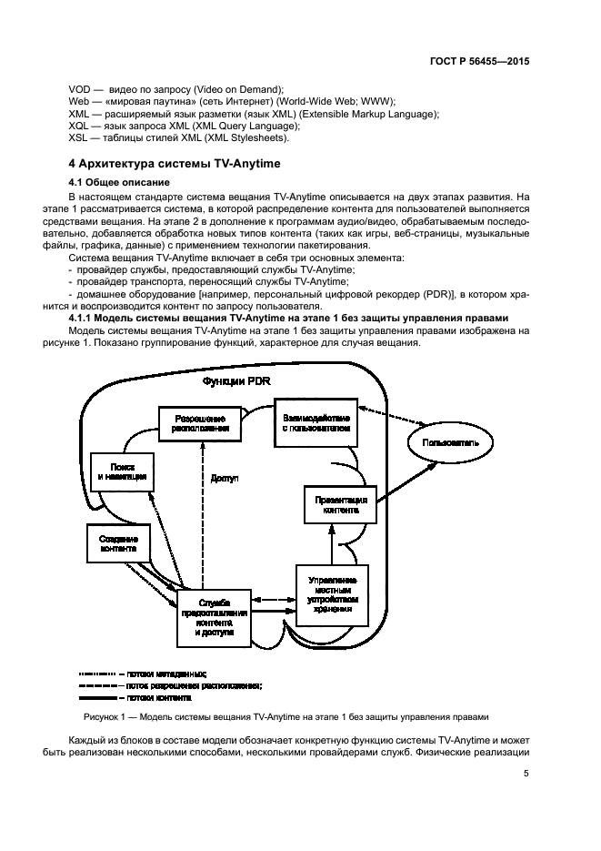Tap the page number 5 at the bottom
pos(526,775)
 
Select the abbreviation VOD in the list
pos(79,87)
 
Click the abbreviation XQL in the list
pos(79,126)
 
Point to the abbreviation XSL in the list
pos(79,138)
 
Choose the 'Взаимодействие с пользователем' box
pos(314,420)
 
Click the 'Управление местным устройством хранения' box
pos(332,593)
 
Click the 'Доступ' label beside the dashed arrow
pos(225,478)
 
